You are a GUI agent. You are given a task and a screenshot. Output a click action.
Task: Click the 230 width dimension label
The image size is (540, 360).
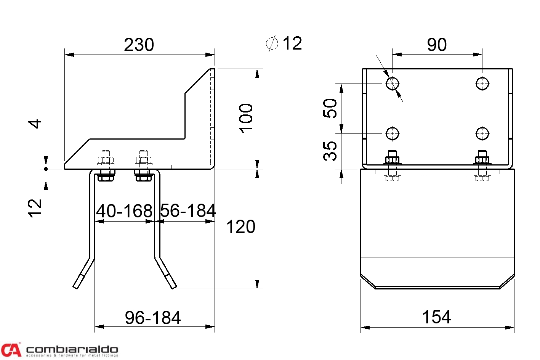click(139, 45)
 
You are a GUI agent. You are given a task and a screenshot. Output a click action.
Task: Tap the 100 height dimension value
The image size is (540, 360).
click(246, 118)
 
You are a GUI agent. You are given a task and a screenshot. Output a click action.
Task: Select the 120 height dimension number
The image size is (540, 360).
click(240, 227)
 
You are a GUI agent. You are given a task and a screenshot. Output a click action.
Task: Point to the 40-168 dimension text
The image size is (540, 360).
click(124, 211)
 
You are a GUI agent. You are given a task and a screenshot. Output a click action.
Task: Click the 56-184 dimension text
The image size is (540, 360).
click(188, 211)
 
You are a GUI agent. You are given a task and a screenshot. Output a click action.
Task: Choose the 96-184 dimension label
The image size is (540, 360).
click(153, 318)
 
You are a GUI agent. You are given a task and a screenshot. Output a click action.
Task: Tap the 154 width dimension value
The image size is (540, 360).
click(437, 317)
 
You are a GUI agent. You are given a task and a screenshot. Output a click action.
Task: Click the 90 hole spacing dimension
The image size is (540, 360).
click(437, 45)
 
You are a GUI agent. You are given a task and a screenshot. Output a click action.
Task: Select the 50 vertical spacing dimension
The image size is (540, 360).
click(330, 108)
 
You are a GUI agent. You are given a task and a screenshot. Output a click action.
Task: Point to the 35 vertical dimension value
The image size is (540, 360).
click(330, 151)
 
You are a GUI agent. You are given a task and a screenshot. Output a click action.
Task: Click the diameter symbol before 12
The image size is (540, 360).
click(272, 43)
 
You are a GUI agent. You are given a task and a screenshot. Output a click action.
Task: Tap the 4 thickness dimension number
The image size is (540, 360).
click(35, 124)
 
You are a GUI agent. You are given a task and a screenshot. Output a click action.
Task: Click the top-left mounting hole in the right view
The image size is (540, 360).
click(393, 84)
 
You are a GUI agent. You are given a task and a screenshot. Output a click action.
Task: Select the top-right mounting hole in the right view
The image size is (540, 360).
click(482, 84)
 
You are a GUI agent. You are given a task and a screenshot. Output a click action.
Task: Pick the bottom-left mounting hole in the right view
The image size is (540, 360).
click(393, 133)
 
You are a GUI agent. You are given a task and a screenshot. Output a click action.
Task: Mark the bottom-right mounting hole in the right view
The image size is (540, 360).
click(482, 133)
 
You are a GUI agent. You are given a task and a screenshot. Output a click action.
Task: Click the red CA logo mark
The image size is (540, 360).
click(11, 350)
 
